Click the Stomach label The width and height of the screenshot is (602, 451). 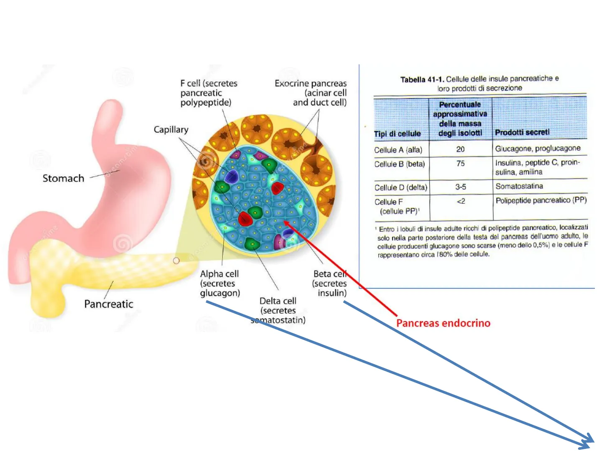(x=63, y=178)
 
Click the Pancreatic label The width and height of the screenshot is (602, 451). (x=109, y=304)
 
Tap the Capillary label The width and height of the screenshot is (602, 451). (x=171, y=129)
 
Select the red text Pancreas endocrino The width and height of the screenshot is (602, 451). (x=443, y=323)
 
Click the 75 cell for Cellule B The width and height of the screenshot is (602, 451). (x=460, y=163)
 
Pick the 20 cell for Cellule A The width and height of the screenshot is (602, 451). (x=460, y=149)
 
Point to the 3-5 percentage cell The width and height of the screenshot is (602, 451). (x=461, y=187)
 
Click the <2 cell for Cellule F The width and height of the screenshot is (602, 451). (x=461, y=201)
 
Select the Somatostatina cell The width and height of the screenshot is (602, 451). (x=519, y=186)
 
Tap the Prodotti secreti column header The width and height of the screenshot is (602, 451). (x=522, y=132)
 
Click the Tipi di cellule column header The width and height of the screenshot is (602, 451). (x=397, y=134)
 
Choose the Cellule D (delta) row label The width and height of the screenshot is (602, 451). (x=400, y=187)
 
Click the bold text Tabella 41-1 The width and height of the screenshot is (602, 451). (x=422, y=79)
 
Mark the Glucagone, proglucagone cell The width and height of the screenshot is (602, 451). (x=538, y=148)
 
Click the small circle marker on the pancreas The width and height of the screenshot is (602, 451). (x=176, y=261)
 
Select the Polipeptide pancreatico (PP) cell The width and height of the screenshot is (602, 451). (x=541, y=200)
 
